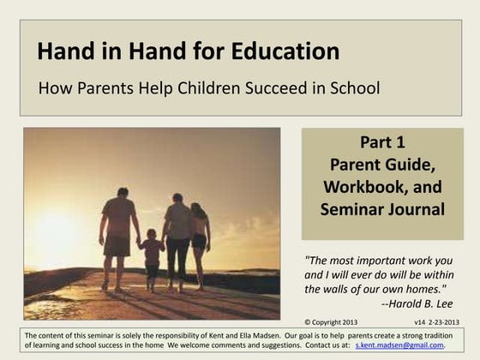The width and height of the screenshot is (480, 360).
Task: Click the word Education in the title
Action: point(286,51)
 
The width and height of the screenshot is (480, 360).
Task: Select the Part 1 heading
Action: point(382,142)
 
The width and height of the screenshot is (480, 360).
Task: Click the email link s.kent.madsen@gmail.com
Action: point(399,345)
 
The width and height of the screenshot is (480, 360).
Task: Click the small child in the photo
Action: point(152,255)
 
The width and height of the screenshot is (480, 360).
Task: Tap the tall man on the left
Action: point(118,236)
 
